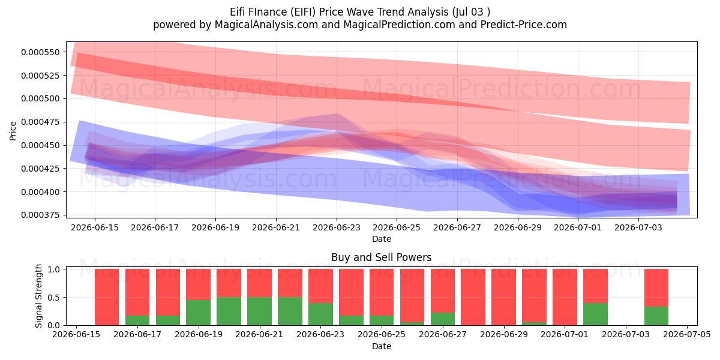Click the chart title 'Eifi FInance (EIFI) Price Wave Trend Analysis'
(x=339, y=12)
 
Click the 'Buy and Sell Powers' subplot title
(x=381, y=257)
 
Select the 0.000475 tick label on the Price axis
(x=41, y=122)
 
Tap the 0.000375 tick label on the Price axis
(x=41, y=215)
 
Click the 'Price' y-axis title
(x=13, y=131)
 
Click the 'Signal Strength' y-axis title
(x=38, y=296)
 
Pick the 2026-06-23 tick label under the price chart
(x=337, y=227)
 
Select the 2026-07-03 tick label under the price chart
(x=638, y=227)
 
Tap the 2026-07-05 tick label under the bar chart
(x=687, y=335)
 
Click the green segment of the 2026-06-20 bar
(x=229, y=311)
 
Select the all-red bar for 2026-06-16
(x=107, y=297)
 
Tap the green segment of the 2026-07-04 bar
(x=656, y=316)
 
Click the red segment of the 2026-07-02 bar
(x=595, y=286)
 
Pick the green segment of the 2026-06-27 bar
(x=443, y=319)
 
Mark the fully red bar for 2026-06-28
(x=473, y=297)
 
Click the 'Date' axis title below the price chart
(x=381, y=239)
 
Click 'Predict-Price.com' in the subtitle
(x=524, y=25)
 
